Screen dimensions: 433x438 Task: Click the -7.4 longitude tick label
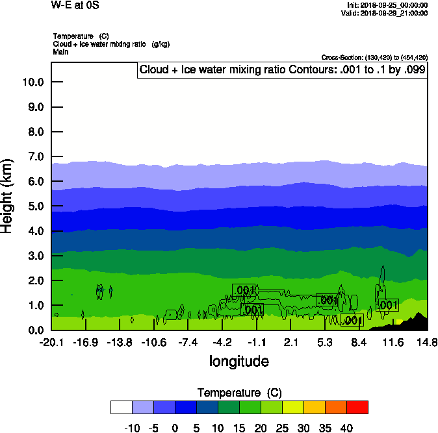pos(188,342)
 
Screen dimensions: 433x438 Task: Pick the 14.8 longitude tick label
pos(427,342)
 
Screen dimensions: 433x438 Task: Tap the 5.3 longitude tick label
pos(325,342)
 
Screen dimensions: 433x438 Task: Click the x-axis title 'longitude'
pos(238,361)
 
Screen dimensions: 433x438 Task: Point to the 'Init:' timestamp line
pos(387,5)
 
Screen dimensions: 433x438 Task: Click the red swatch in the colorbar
pos(357,407)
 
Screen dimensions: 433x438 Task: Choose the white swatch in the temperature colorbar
pos(122,407)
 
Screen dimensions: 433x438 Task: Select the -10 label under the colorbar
pos(132,428)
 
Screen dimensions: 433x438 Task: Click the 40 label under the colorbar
pos(346,428)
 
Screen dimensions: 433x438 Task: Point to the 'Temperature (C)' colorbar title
pos(239,393)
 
